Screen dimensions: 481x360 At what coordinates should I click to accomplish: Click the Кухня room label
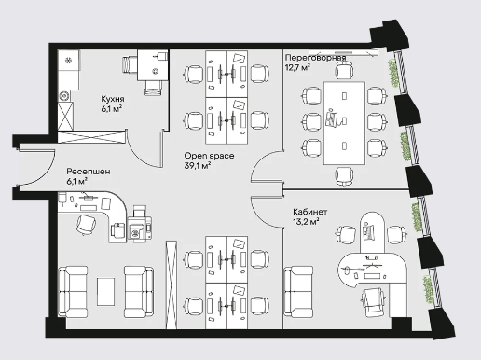pos(113,99)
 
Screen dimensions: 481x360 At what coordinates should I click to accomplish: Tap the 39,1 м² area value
pos(198,165)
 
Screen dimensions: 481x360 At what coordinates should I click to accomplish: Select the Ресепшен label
pos(89,172)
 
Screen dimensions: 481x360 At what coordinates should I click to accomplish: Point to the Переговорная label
pos(315,58)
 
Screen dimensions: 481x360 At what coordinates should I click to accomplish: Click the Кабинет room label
pos(309,212)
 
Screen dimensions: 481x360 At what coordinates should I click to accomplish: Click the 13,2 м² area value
pos(306,221)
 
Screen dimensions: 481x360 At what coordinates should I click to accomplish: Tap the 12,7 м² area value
pos(297,67)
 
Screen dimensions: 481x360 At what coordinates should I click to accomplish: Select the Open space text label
pos(209,156)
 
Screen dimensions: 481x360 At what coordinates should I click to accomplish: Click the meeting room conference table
pos(344,123)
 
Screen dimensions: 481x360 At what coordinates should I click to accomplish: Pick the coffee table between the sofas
pos(105,292)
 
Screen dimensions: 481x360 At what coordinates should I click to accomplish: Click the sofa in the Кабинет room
pos(298,292)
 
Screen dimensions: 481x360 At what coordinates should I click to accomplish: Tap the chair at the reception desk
pos(86,224)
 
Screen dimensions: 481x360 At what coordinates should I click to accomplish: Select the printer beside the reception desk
pos(139,227)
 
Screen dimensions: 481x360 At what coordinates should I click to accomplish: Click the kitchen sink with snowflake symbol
pos(69,61)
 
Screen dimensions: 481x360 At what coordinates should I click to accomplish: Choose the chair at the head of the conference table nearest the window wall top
pos(344,70)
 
